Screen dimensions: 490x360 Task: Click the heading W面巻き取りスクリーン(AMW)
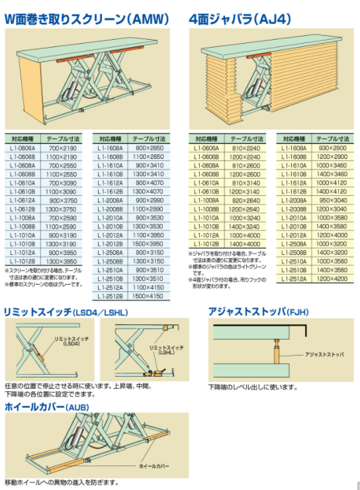[x=87, y=19]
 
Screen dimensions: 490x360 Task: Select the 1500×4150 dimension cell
[x=148, y=296]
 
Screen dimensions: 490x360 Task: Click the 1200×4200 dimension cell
[x=331, y=279]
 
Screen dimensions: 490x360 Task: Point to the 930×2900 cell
[x=331, y=149]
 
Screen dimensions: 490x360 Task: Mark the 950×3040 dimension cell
[x=331, y=199]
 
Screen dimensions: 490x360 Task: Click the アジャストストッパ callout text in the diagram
[x=324, y=355]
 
